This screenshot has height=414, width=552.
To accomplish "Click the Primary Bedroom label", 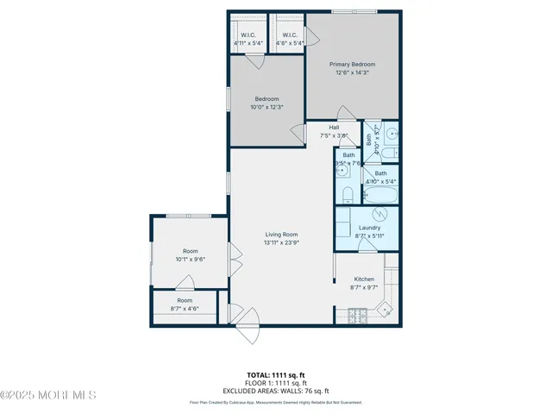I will pos(353,68).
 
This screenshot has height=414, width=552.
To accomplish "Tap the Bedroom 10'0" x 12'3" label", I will pos(267,103).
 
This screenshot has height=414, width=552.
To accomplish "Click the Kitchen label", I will pos(364,283).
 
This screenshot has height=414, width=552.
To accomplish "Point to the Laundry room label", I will pos(369,231).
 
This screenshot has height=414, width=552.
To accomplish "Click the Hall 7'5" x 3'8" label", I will pos(334,131).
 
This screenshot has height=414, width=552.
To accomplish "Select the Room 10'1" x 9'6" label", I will pos(190,254).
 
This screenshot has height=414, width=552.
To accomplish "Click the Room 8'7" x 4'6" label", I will pos(184,304).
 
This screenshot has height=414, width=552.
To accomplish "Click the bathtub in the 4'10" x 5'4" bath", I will pos(379,195).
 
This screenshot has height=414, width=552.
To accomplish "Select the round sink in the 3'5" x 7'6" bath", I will pos(342,170).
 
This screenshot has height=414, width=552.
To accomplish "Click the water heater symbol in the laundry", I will pos(376,214).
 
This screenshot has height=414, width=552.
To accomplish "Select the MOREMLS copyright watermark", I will pos(48,396).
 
